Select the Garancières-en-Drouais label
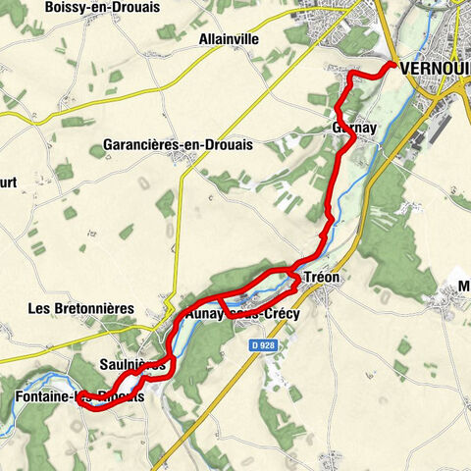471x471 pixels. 177,145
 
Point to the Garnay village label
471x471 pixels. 350,129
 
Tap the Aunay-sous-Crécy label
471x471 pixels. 241,314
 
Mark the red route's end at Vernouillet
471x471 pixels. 393,65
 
